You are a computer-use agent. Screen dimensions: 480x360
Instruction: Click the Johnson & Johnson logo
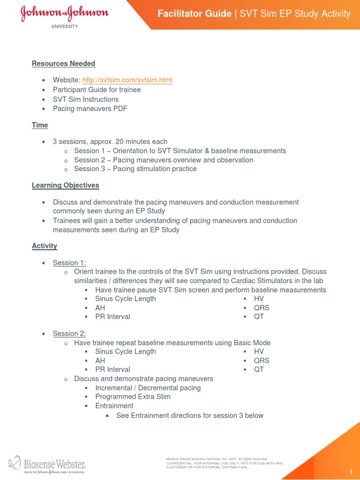coord(64,14)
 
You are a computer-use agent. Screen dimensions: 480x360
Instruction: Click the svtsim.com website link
coord(127,80)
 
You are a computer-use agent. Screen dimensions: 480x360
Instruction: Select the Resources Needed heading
coord(63,63)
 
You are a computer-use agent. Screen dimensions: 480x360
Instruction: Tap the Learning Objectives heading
coord(65,185)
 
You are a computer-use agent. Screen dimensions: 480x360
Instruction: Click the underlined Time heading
coord(40,125)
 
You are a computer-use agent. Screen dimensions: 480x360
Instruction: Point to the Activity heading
coord(45,246)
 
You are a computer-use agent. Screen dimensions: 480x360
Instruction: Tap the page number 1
coord(350,471)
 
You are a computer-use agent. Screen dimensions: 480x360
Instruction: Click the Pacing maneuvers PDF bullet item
coord(90,108)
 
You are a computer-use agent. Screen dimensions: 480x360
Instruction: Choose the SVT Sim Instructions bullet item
coord(86,99)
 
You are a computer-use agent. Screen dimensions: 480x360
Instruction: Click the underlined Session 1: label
coord(69,262)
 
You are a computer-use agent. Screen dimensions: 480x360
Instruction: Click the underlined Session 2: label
coord(69,333)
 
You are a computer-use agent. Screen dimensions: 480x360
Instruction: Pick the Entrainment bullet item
coord(114,405)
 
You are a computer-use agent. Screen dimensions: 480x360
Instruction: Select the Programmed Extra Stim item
coord(133,397)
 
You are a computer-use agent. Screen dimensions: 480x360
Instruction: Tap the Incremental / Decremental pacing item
coord(148,388)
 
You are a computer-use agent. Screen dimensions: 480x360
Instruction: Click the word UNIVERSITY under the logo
coord(64,27)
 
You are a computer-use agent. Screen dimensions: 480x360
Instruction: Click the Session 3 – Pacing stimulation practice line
coord(135,169)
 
